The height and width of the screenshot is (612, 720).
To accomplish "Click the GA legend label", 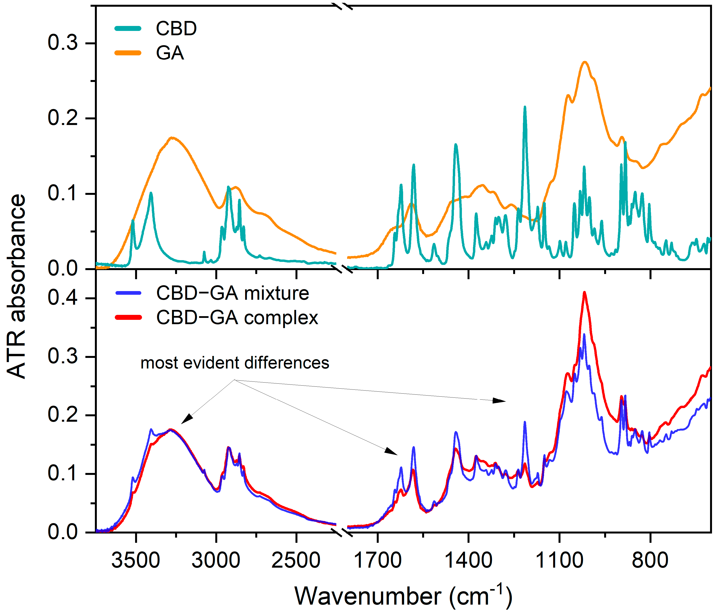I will click(170, 53).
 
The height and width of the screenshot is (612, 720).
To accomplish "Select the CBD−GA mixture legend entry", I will click(232, 293).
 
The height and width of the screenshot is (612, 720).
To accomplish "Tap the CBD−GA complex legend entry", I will click(237, 317).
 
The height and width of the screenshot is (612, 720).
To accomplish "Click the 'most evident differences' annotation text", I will click(235, 363).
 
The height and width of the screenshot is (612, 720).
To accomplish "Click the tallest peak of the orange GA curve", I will click(585, 62).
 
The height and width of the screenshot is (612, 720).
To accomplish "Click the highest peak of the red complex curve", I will click(584, 292).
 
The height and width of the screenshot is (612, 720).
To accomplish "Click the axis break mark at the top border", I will click(342, 6).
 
